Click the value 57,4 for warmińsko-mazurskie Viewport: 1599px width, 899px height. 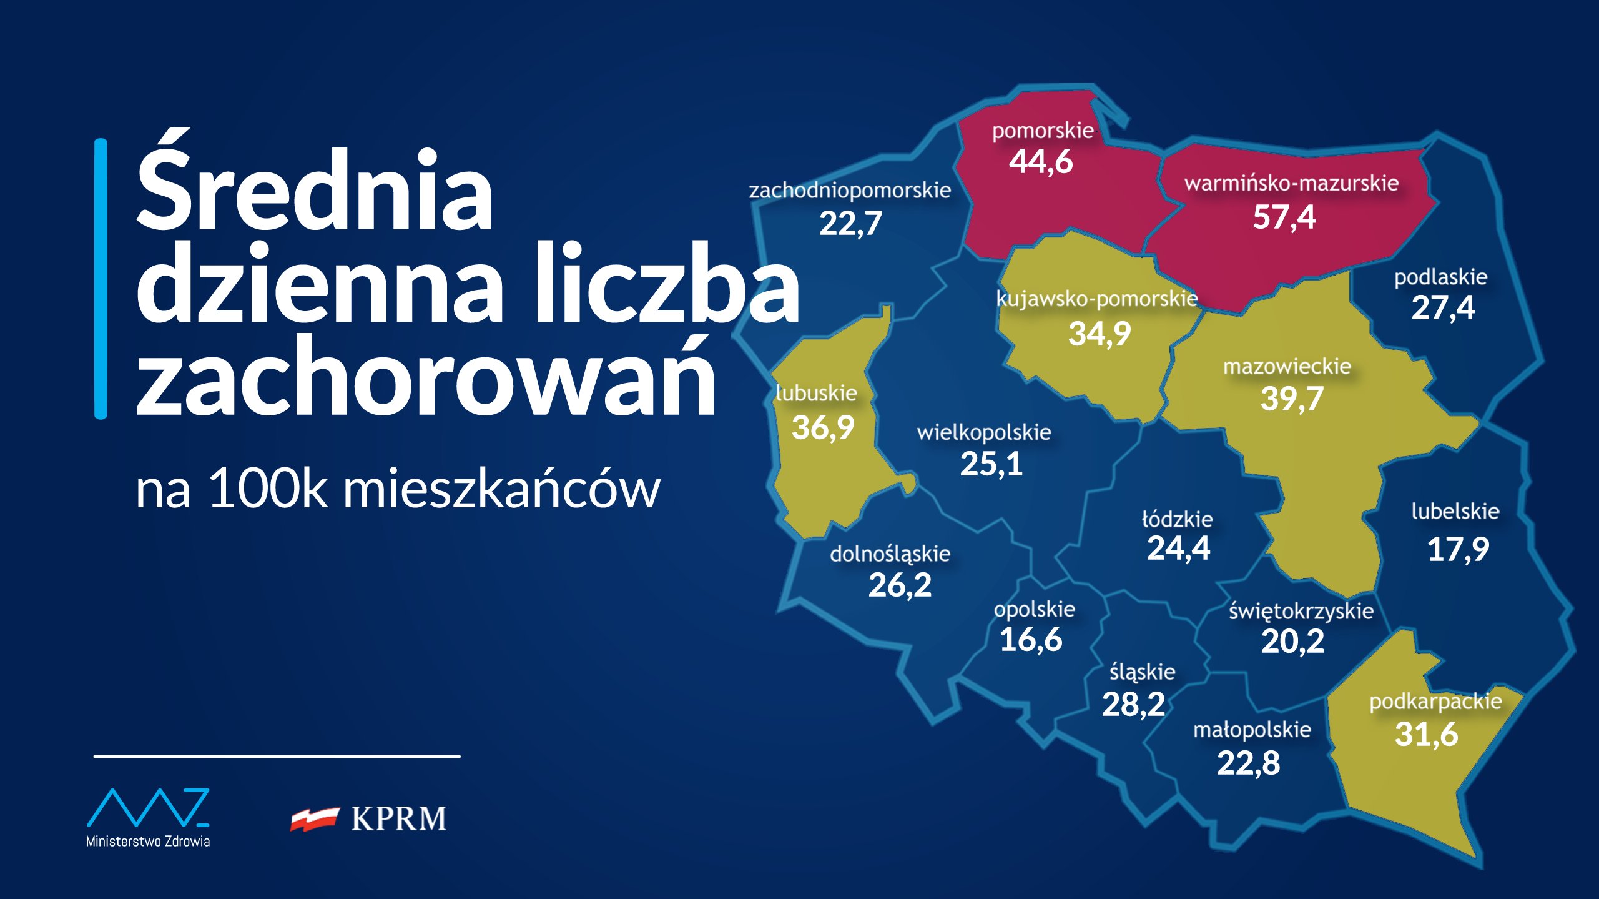pos(1284,217)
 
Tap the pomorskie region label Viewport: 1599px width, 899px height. pos(1043,131)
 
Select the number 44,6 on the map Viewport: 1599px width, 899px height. pos(1041,162)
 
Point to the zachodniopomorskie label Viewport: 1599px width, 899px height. pos(850,190)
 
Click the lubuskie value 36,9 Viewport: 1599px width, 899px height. pos(823,428)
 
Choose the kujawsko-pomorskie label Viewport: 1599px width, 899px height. pos(1097,299)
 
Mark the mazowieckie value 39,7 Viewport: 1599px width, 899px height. pos(1292,399)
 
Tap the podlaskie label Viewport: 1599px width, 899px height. pos(1441,277)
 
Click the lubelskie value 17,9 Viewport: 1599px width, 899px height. pos(1458,550)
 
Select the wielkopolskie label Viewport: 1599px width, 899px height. pos(984,432)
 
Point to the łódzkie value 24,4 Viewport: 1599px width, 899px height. pos(1178,549)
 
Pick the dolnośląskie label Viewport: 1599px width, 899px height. pos(890,554)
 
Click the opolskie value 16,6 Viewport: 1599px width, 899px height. pos(1031,640)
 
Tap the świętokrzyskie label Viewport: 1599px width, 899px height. pos(1301,612)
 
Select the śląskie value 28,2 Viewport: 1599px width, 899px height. pos(1133,705)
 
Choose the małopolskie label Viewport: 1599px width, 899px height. pos(1252,730)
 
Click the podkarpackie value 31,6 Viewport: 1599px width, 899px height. pos(1426,734)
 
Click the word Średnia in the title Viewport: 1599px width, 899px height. pos(314,187)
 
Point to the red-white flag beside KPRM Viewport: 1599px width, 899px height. pos(314,818)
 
